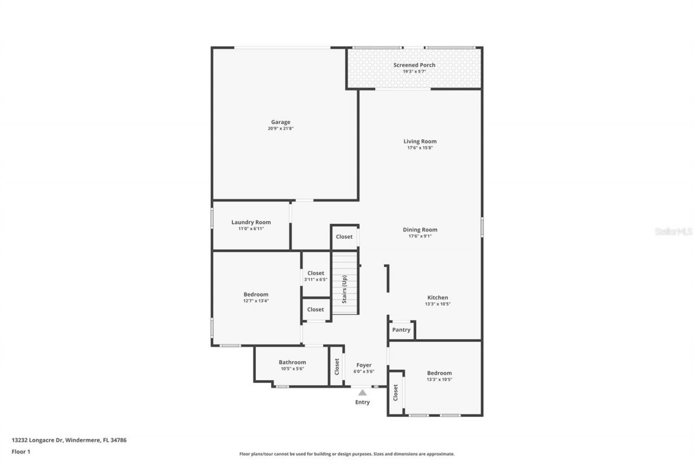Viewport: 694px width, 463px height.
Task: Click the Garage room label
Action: tap(281, 122)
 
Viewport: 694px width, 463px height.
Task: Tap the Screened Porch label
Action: tap(414, 65)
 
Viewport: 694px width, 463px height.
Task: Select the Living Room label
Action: tap(420, 142)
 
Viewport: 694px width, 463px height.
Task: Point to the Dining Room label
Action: tap(420, 230)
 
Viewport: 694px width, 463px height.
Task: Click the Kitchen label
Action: tap(438, 297)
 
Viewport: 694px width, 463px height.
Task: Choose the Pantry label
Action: tap(401, 330)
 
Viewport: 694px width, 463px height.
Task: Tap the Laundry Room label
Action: tap(251, 222)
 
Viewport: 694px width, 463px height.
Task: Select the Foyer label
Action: tap(364, 365)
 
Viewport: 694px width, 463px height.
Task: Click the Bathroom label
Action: tap(292, 362)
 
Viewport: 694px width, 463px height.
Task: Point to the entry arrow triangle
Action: tap(362, 392)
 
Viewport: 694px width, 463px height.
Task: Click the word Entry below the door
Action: tap(362, 402)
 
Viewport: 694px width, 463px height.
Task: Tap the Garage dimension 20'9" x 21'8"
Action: tap(281, 129)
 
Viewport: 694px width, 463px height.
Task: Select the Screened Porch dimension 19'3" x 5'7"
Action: tap(414, 71)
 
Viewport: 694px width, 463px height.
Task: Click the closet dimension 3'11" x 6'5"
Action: tap(316, 280)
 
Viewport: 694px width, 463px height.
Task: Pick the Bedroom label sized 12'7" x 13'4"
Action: tap(256, 294)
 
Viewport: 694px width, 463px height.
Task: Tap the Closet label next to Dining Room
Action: tap(344, 237)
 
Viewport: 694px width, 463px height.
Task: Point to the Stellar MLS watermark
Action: tap(673, 231)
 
